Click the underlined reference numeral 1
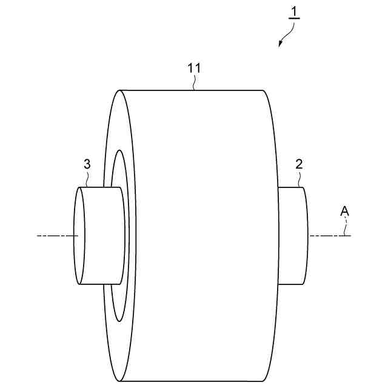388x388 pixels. click(295, 11)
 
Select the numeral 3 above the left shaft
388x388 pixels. click(88, 164)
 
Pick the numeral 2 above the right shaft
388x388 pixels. click(299, 164)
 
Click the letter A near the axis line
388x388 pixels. click(344, 211)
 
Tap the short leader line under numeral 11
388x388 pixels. click(193, 84)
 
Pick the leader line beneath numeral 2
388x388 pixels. click(299, 179)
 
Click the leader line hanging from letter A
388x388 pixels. click(347, 226)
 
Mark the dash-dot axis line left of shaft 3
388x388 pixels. click(55, 235)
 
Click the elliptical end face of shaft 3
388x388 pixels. click(79, 236)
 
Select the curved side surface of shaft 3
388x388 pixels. click(103, 236)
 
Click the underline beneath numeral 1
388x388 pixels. click(295, 19)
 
